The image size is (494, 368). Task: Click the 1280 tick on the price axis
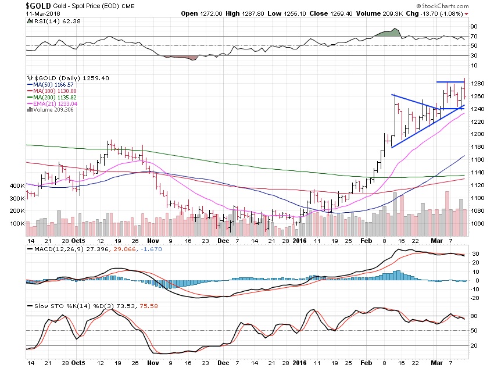pyautogui.click(x=477, y=83)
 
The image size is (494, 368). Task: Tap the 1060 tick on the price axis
pyautogui.click(x=477, y=223)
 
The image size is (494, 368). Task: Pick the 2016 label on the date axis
pyautogui.click(x=299, y=240)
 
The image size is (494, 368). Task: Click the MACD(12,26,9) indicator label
pyautogui.click(x=55, y=249)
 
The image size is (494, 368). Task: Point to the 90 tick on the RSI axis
pyautogui.click(x=474, y=26)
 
